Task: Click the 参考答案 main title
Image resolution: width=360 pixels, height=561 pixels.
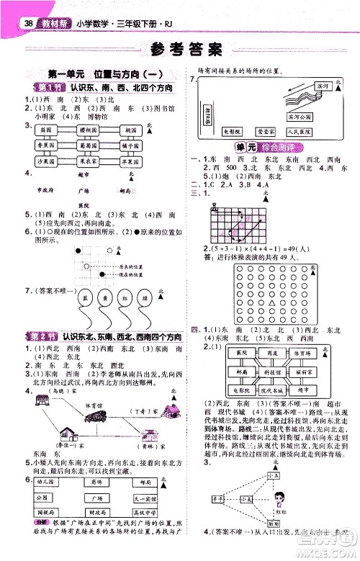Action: [x=179, y=50]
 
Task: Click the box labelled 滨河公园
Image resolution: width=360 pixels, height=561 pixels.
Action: [x=297, y=115]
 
